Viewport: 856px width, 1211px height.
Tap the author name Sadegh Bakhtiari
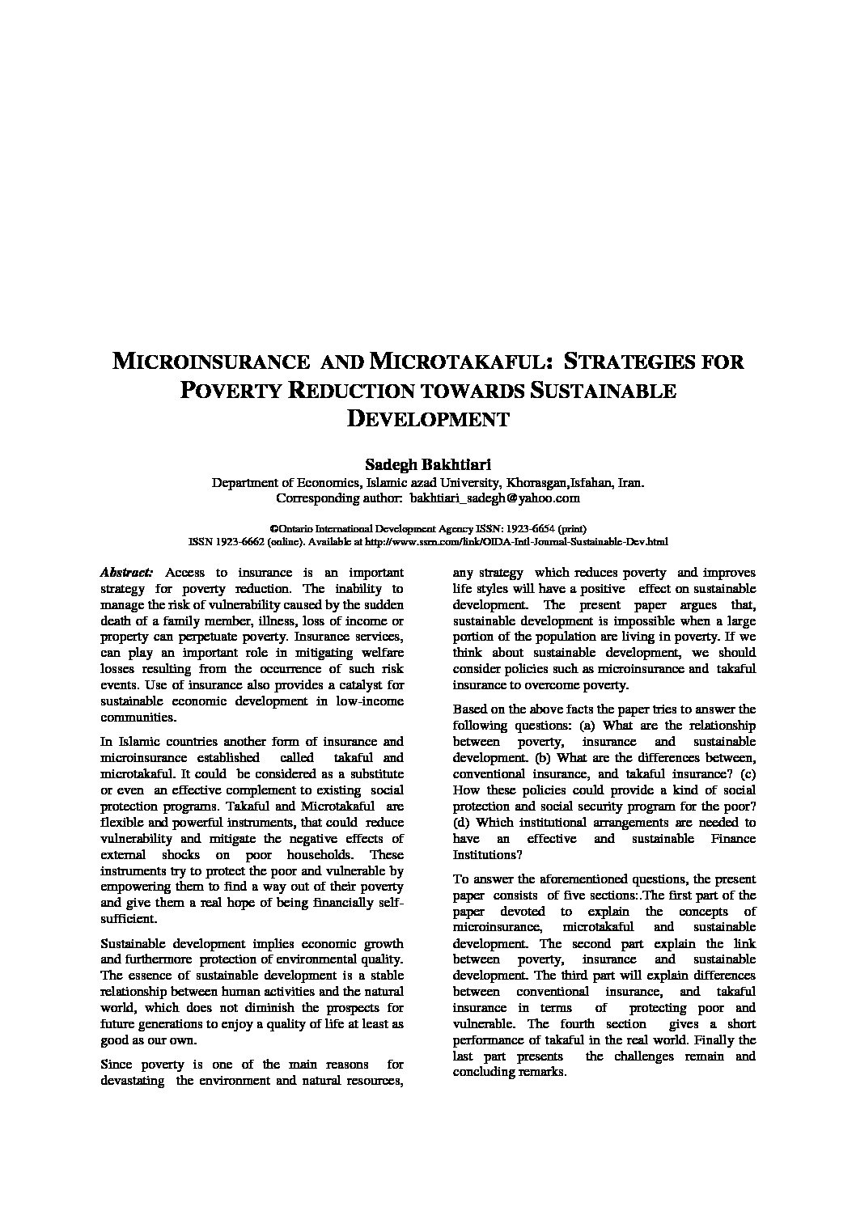[x=428, y=464]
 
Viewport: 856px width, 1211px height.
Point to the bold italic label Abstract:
[x=125, y=572]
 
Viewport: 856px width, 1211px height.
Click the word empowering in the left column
[x=133, y=887]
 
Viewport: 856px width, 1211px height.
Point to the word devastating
[x=133, y=1081]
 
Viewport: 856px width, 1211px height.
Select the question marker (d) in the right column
[x=461, y=823]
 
